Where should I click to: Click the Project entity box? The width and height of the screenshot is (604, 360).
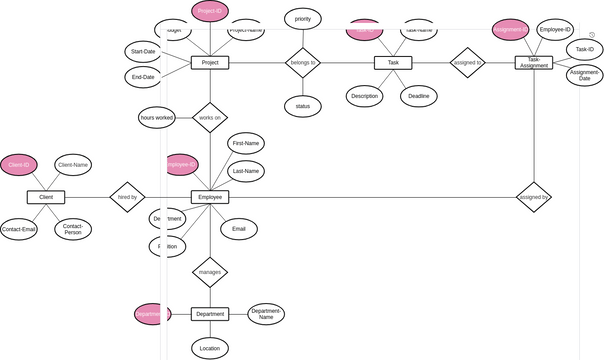click(x=210, y=62)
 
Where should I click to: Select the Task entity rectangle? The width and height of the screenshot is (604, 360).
click(x=393, y=62)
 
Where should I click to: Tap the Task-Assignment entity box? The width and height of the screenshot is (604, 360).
click(x=534, y=62)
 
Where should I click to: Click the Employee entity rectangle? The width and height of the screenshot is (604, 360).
click(x=210, y=198)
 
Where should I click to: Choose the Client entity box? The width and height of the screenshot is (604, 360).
click(x=45, y=198)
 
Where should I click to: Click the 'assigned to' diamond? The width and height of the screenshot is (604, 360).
click(x=466, y=62)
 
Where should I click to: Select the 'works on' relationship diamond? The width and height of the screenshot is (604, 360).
click(x=210, y=117)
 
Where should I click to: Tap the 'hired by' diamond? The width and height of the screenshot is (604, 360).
click(x=127, y=198)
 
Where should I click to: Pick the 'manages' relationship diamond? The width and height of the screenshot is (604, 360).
click(x=210, y=271)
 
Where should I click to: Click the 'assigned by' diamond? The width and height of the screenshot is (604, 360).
click(x=533, y=198)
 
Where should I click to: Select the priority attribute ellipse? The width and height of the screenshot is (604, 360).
click(x=302, y=18)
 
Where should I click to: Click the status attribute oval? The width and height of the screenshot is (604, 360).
click(x=302, y=105)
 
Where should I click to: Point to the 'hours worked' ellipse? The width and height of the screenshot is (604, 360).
click(x=157, y=118)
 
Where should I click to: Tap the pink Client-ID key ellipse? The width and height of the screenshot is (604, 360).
click(x=18, y=164)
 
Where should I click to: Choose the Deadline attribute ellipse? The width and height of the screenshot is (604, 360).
click(x=418, y=96)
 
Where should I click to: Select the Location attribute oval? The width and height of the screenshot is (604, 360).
click(x=210, y=348)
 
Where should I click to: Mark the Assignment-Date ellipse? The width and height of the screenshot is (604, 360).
click(x=585, y=75)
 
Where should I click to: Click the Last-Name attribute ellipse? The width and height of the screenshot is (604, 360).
click(x=245, y=171)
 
